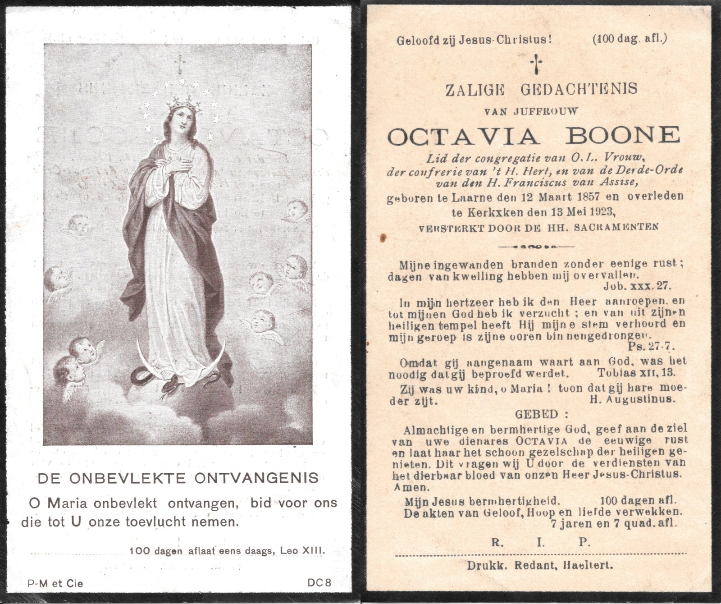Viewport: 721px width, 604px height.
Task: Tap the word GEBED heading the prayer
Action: click(x=534, y=414)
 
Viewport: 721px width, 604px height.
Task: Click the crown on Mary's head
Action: click(x=184, y=105)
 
